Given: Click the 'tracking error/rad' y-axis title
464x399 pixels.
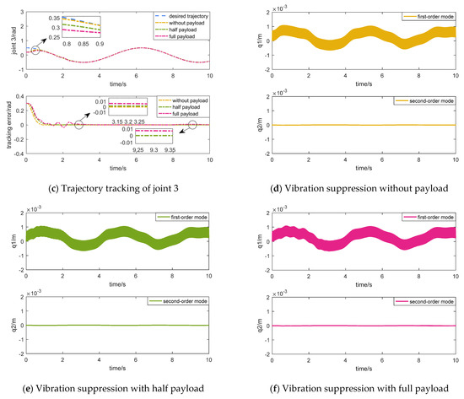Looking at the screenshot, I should click(x=7, y=127).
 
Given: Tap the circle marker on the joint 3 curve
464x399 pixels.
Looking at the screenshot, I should click(x=35, y=51).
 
